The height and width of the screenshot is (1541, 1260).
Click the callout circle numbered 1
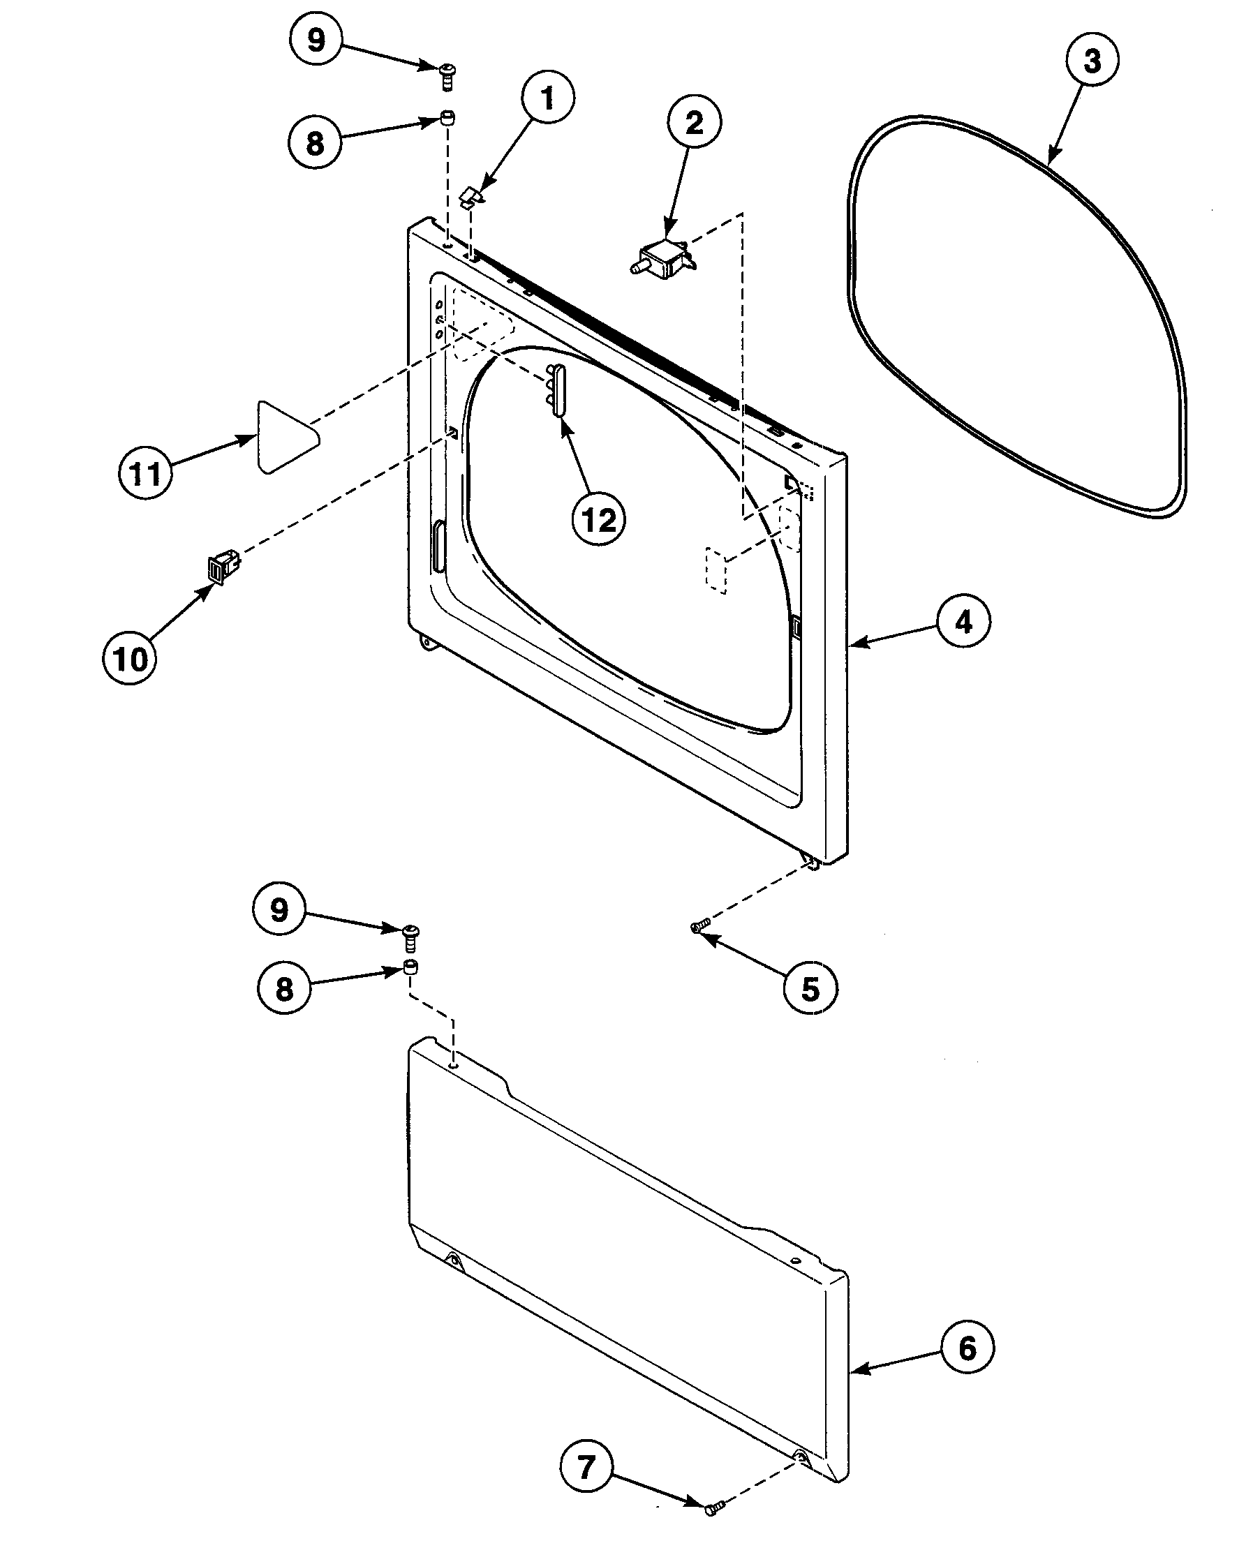coord(547,98)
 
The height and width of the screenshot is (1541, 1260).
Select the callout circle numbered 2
coord(695,123)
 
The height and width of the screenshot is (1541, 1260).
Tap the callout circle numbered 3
coord(1092,61)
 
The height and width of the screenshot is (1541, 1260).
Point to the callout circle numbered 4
coord(963,622)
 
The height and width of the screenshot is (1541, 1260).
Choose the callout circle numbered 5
coord(810,988)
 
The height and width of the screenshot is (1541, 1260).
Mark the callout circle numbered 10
coord(130,660)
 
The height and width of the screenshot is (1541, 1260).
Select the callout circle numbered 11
coord(144,474)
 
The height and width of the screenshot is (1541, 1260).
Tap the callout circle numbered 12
coord(599,519)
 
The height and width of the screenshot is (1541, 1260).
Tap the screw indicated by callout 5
coord(699,927)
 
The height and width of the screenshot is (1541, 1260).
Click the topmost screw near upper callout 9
coord(447,74)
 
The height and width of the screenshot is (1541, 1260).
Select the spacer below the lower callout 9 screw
coord(410,968)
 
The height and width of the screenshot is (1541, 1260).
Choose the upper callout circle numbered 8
coord(314,143)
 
